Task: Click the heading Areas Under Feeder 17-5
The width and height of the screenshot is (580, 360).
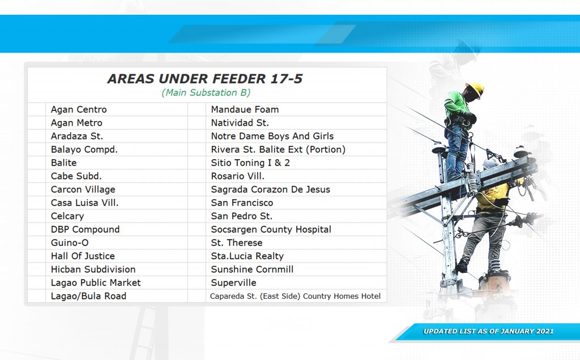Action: click(x=205, y=79)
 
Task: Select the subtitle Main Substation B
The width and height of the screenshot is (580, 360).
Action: click(x=206, y=92)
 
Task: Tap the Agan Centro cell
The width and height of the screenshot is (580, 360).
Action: click(x=79, y=109)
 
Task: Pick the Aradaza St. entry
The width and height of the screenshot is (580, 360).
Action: click(x=77, y=136)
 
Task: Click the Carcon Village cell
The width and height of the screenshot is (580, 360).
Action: click(x=83, y=190)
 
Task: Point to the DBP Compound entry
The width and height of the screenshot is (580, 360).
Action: click(x=86, y=229)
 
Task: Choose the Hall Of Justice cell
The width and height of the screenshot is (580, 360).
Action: click(x=83, y=256)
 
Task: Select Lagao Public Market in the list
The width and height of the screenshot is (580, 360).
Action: click(x=96, y=283)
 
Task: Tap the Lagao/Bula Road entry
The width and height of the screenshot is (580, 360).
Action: click(x=89, y=296)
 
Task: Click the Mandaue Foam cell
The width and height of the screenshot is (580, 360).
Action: click(x=245, y=109)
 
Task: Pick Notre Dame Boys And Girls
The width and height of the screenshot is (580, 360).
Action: click(x=272, y=136)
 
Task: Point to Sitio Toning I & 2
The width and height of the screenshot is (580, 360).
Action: click(x=250, y=162)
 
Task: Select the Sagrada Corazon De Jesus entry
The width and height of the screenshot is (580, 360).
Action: click(x=270, y=190)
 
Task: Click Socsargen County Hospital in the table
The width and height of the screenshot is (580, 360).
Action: click(x=271, y=229)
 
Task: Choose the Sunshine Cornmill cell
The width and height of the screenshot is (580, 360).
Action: click(x=252, y=269)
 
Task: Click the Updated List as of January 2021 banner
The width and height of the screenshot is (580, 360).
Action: click(x=488, y=331)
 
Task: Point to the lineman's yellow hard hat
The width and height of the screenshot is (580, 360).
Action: click(x=476, y=89)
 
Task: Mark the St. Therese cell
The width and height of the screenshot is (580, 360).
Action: click(x=237, y=243)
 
